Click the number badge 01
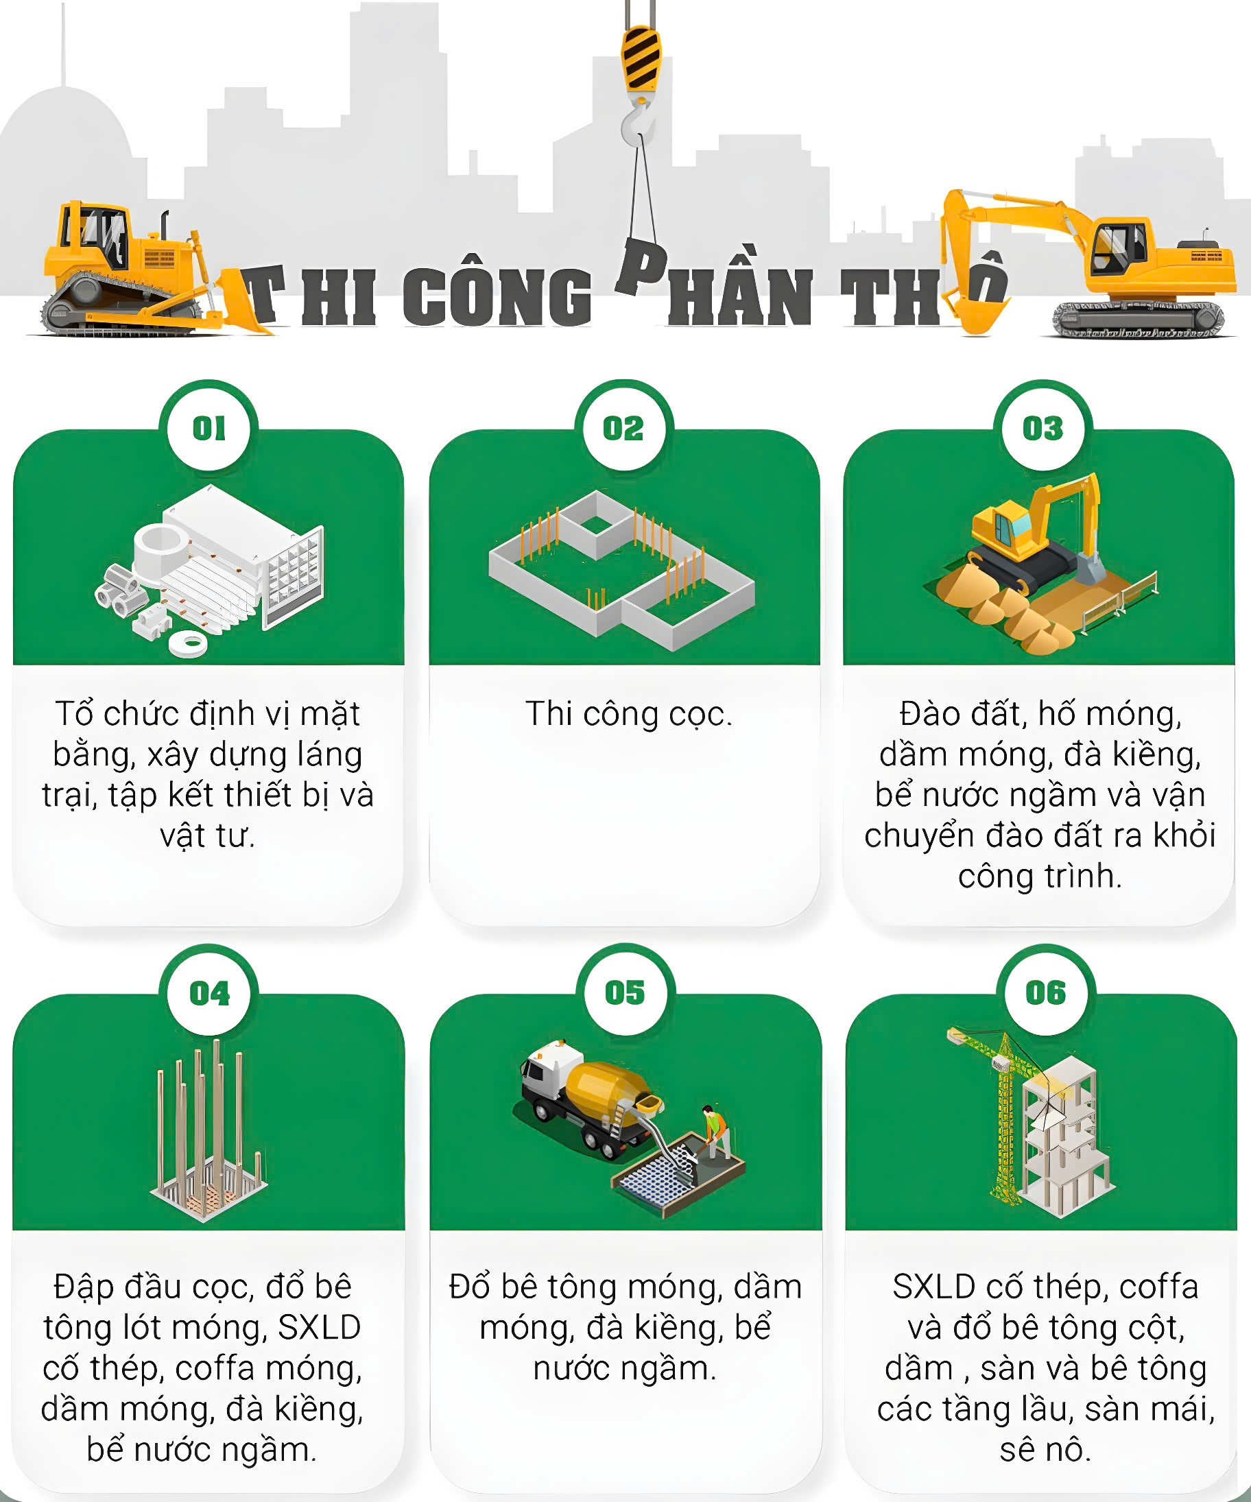click(209, 429)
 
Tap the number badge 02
click(623, 429)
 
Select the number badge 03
click(1043, 429)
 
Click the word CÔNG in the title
click(497, 296)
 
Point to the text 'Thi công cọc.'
click(629, 714)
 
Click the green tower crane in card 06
click(1001, 1116)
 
